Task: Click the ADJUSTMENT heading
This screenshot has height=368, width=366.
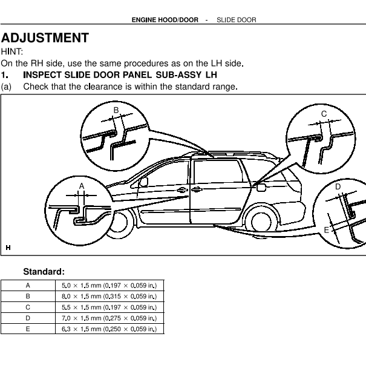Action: [45, 38]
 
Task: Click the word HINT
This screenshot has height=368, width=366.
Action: [11, 51]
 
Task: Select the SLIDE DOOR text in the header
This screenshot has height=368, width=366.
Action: [237, 20]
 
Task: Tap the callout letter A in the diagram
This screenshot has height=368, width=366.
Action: [82, 186]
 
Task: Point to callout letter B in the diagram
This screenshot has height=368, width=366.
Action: [116, 110]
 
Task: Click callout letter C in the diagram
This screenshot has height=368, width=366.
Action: [324, 114]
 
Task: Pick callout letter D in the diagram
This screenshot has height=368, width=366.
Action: [338, 187]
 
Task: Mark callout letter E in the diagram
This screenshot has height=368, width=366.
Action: [326, 230]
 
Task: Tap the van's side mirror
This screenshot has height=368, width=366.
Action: [143, 182]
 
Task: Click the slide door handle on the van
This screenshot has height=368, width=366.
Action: [197, 189]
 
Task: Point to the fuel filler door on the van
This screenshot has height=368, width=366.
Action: [261, 188]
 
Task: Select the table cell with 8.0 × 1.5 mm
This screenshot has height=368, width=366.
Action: [109, 297]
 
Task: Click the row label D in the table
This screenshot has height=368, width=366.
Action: [28, 318]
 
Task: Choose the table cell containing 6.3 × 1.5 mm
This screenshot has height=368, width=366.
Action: [109, 329]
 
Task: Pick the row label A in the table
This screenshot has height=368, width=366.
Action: [28, 286]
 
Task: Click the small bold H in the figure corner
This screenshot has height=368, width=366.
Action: [8, 248]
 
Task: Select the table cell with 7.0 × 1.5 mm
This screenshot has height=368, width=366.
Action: [109, 318]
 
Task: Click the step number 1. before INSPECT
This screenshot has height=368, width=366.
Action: [4, 75]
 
